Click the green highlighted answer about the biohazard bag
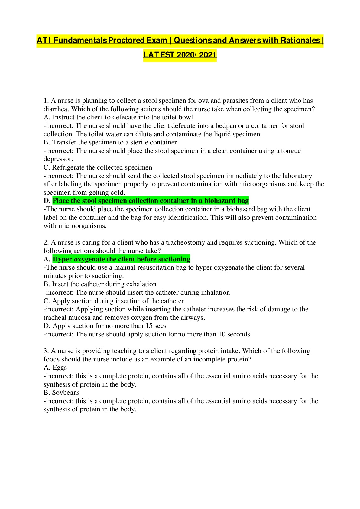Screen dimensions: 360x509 pos(151,201)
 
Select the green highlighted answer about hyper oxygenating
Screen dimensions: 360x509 pos(122,259)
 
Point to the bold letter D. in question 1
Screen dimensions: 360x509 pos(47,201)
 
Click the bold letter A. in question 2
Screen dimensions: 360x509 pos(47,259)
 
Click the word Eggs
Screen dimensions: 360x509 pos(60,368)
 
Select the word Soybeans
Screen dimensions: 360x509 pos(66,393)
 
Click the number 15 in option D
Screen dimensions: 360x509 pos(149,326)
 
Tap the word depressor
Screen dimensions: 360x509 pos(58,159)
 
